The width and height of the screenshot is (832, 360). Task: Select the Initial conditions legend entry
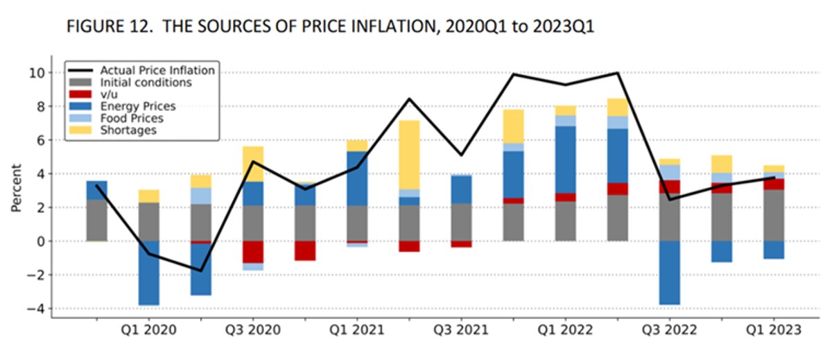[x=146, y=82]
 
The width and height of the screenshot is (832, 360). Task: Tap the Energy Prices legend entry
[x=138, y=106]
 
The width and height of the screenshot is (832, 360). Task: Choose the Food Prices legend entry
[x=132, y=118]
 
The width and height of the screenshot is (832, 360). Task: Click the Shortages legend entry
[x=128, y=130]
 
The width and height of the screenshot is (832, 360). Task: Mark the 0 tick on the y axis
[x=42, y=241]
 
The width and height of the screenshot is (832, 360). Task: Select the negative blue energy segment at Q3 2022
[x=669, y=273]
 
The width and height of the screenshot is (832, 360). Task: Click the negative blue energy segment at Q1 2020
[x=148, y=273]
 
